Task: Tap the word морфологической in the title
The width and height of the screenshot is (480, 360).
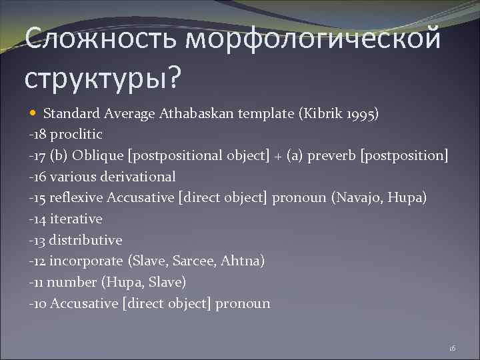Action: (x=313, y=41)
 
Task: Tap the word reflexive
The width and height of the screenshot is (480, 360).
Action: (x=75, y=198)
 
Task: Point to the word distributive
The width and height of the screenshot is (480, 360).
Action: (x=85, y=240)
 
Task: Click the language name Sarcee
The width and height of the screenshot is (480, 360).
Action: (x=199, y=261)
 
